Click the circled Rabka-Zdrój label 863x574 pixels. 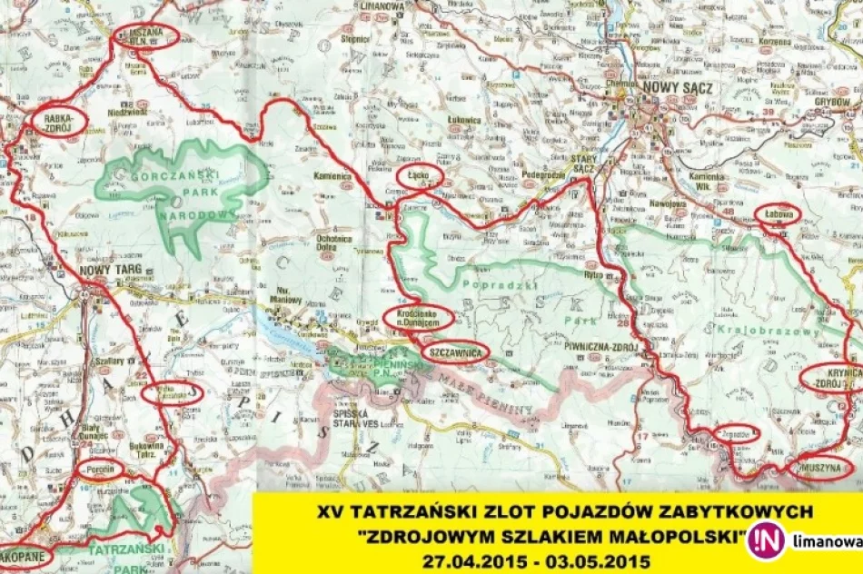(58, 121)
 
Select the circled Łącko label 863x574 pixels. (420, 176)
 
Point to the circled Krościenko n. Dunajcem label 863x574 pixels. (417, 317)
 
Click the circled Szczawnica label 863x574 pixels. (456, 351)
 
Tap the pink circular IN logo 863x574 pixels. (765, 540)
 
